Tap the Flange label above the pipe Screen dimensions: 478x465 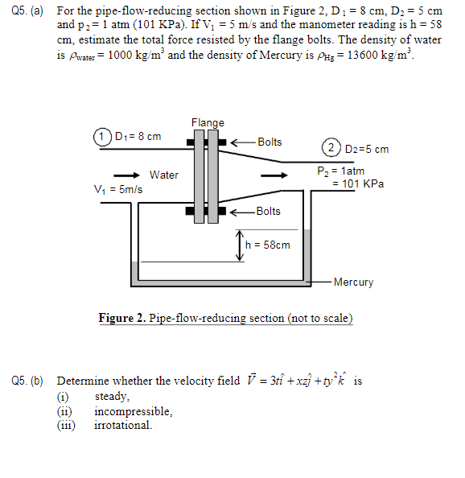click(208, 122)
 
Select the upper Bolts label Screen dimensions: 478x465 click(270, 142)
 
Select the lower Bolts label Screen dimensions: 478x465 click(268, 211)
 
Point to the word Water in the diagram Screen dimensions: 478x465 click(164, 175)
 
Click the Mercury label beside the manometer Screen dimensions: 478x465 click(353, 282)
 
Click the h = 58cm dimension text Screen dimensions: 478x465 click(268, 245)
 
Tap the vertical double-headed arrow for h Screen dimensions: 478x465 click(239, 245)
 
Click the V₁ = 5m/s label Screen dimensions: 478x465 click(118, 190)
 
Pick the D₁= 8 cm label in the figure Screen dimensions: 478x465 click(138, 136)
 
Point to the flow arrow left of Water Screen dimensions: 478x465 click(125, 175)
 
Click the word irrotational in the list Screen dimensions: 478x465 click(123, 425)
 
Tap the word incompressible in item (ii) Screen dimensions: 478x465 click(134, 411)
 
